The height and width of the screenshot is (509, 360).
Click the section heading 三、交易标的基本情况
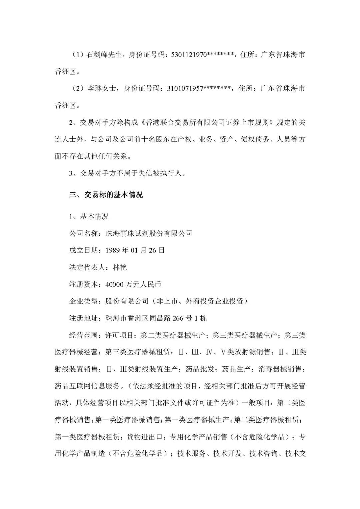pos(106,195)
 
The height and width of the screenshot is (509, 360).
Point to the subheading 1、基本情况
pos(89,217)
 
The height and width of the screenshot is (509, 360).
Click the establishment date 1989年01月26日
pos(135,250)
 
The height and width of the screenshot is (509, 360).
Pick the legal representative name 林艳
pos(120,267)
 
